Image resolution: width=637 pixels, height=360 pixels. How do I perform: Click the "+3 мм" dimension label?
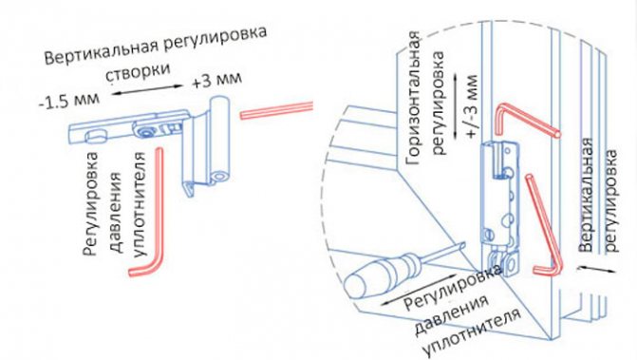(217, 79)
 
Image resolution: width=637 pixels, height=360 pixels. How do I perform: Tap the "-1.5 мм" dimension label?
(69, 101)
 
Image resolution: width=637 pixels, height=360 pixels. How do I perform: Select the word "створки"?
(138, 71)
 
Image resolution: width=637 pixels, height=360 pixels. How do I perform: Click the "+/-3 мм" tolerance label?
(472, 107)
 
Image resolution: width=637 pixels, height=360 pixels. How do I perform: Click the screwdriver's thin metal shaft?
(440, 256)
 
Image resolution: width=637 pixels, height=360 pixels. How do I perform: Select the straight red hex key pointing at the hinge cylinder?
(276, 110)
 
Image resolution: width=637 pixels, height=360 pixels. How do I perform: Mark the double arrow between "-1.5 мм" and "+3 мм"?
(147, 89)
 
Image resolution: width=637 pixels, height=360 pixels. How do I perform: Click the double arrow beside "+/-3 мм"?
(457, 106)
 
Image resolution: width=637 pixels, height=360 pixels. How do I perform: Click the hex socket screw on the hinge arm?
(144, 132)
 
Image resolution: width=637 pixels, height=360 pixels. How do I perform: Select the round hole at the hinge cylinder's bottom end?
(220, 178)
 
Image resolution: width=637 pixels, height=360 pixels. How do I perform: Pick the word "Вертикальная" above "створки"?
(101, 51)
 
